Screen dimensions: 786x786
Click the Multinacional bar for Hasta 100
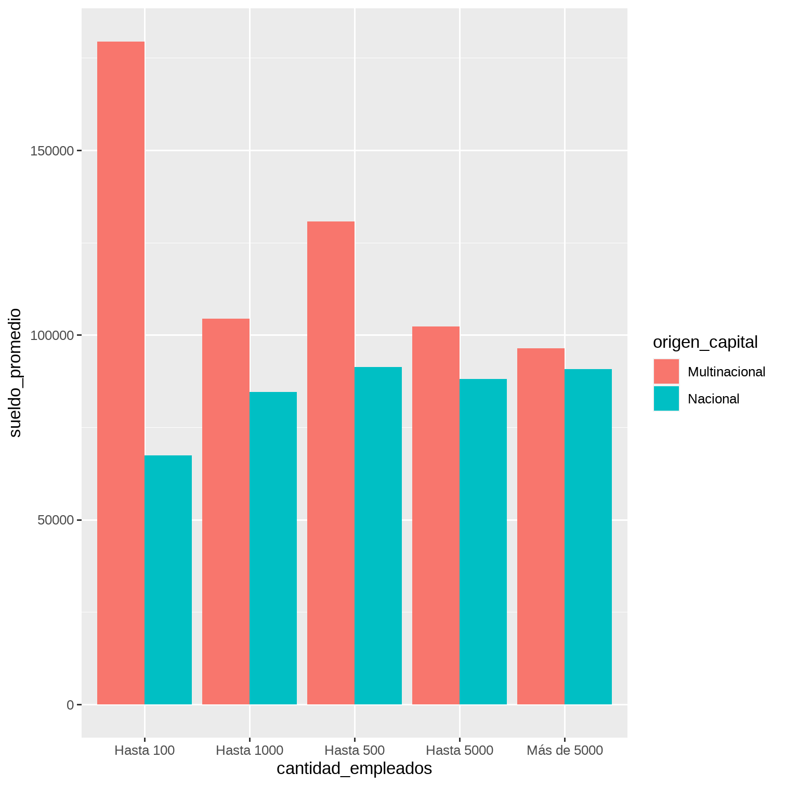(121, 373)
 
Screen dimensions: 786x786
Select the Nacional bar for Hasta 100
(168, 580)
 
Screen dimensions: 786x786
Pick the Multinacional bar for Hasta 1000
(226, 512)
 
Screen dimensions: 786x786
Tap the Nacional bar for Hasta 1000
(273, 548)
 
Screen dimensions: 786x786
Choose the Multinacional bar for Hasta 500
(331, 463)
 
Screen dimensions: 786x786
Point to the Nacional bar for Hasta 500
(378, 535)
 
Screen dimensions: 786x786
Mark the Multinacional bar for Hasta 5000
(436, 515)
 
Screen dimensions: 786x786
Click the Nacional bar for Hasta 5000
(483, 542)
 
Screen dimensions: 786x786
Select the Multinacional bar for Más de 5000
(541, 526)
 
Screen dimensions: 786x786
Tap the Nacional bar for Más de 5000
(588, 536)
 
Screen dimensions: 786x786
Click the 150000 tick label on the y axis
(52, 151)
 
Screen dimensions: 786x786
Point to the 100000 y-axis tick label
(52, 336)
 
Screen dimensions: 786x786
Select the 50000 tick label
(56, 520)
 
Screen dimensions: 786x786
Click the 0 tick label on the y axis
(70, 705)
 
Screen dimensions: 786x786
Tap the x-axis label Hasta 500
(355, 750)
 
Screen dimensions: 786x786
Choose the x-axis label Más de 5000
(565, 750)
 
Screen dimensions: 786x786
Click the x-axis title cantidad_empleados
(354, 768)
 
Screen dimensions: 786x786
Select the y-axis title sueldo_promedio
(15, 373)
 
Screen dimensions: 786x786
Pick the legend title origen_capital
(705, 342)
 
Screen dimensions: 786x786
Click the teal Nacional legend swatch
(666, 399)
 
